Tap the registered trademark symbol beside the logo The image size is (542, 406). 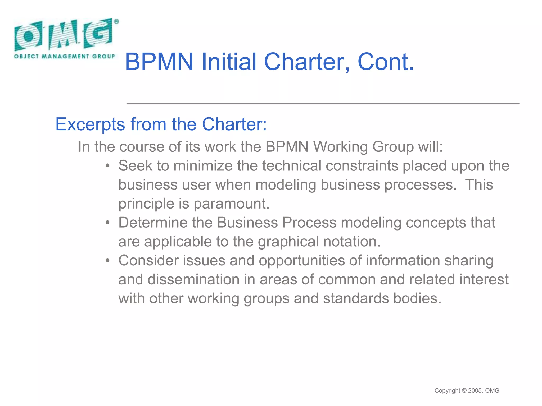pyautogui.click(x=116, y=22)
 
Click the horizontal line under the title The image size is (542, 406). pyautogui.click(x=323, y=104)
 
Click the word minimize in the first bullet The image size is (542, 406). pyautogui.click(x=203, y=166)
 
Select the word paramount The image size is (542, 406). pyautogui.click(x=231, y=204)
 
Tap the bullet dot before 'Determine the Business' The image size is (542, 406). pyautogui.click(x=107, y=223)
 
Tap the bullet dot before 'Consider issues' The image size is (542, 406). pyautogui.click(x=107, y=261)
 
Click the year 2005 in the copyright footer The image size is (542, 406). pyautogui.click(x=475, y=390)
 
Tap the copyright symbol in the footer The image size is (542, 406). pyautogui.click(x=464, y=390)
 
